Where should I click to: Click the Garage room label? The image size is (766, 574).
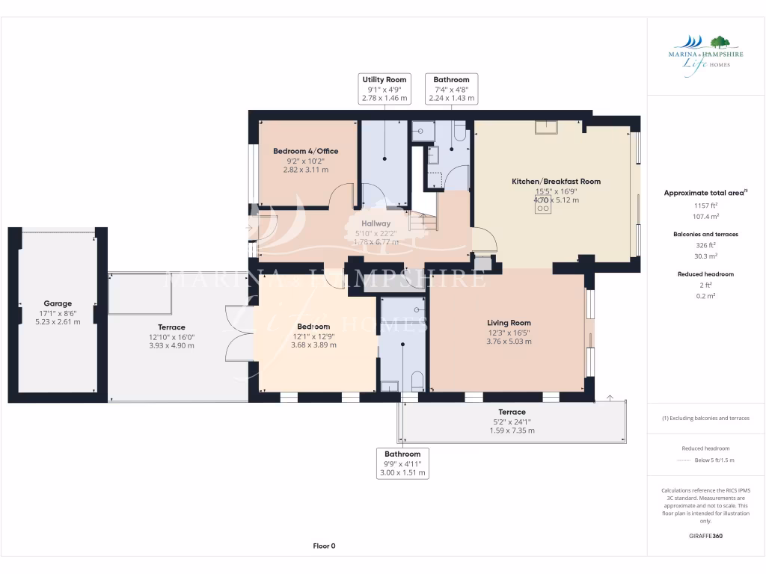(58, 303)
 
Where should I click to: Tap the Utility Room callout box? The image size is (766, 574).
(384, 89)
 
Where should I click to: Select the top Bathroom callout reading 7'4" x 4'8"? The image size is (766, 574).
(451, 89)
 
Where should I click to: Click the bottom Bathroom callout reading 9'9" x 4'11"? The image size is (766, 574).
(402, 463)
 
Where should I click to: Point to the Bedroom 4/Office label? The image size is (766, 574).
(305, 151)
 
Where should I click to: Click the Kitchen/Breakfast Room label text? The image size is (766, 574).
(556, 182)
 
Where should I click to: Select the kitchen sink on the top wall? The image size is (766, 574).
(546, 127)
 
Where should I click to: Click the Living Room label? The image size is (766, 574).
(509, 323)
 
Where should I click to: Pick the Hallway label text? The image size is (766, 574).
(376, 223)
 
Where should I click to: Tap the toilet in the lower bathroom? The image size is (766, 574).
(417, 380)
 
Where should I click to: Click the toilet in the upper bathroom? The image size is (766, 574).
(459, 132)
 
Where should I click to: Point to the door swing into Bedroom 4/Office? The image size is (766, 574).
(343, 197)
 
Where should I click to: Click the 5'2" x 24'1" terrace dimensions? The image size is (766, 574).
(512, 422)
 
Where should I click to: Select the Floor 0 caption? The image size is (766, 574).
(324, 546)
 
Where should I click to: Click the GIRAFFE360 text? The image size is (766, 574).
(705, 536)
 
